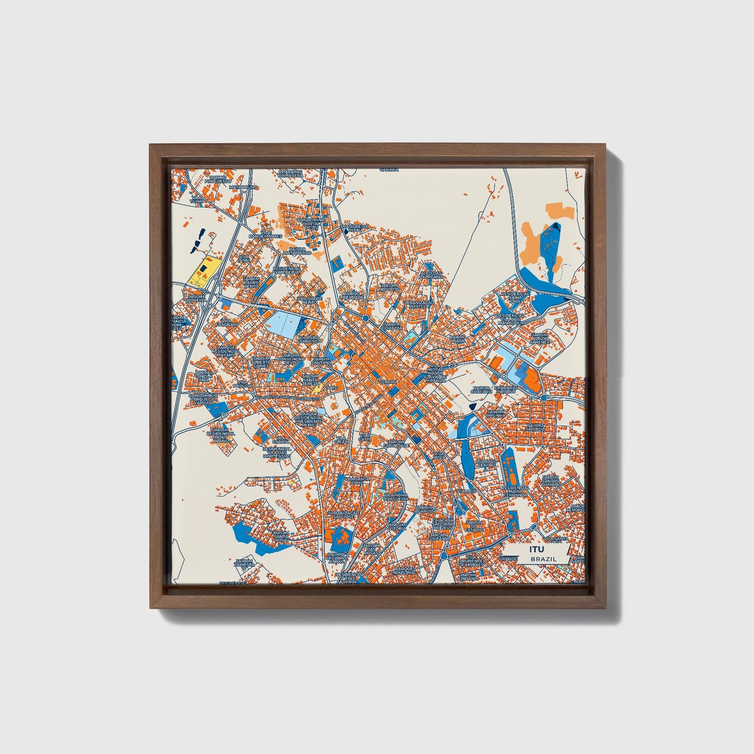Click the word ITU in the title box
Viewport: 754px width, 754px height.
coord(536,549)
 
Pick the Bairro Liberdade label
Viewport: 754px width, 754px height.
coord(352,295)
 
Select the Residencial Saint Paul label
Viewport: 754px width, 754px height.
coord(515,297)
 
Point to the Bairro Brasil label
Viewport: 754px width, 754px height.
coord(457,339)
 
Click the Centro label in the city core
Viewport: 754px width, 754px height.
coord(388,382)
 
